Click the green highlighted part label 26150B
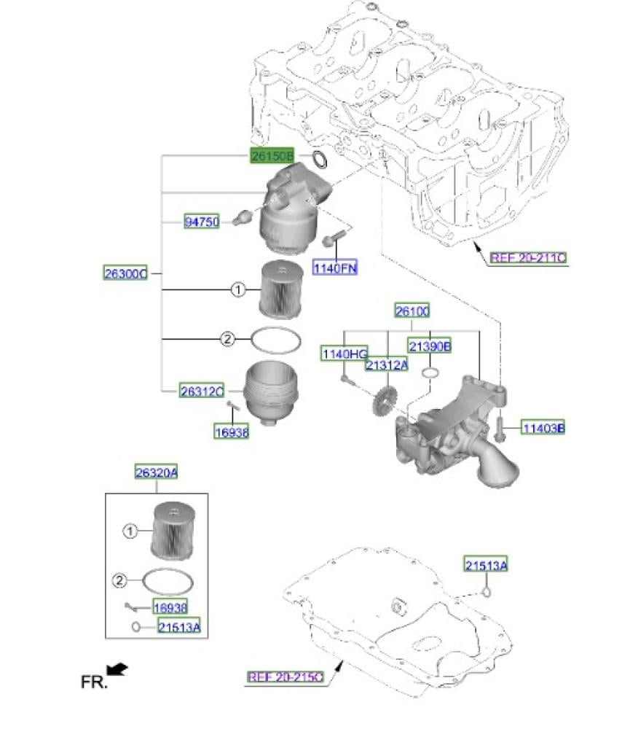click(x=272, y=155)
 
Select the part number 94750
click(x=202, y=222)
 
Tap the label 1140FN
click(x=335, y=268)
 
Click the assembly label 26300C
click(x=125, y=273)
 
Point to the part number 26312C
click(x=202, y=391)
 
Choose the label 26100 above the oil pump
click(x=412, y=310)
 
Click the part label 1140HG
click(x=345, y=354)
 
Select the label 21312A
click(x=387, y=365)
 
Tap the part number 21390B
click(x=430, y=346)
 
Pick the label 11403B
click(x=543, y=427)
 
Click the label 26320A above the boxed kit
click(x=157, y=472)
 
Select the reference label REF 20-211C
click(x=529, y=257)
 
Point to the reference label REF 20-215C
click(x=286, y=677)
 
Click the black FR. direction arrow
click(x=117, y=669)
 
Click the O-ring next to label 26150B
click(x=320, y=159)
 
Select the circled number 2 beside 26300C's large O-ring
click(x=227, y=339)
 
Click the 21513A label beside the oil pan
click(x=487, y=565)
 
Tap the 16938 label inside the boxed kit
click(x=170, y=607)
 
